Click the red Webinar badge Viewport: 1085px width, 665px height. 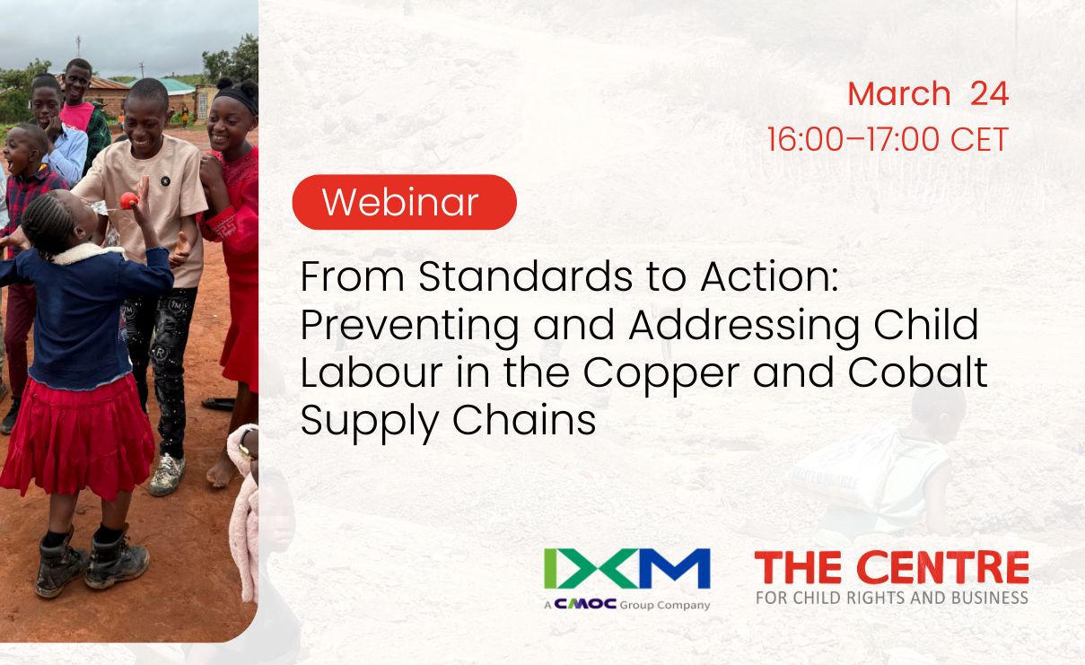pyautogui.click(x=404, y=202)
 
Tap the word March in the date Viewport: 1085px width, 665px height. pyautogui.click(x=898, y=94)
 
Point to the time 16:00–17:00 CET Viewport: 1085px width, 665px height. pyautogui.click(x=888, y=140)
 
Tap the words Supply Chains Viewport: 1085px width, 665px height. pyautogui.click(x=448, y=419)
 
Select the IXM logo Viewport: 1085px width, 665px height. pyautogui.click(x=626, y=568)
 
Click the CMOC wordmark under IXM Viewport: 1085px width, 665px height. pyautogui.click(x=586, y=604)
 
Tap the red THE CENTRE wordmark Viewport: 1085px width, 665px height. pyautogui.click(x=891, y=568)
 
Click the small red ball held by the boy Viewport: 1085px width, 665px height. pyautogui.click(x=129, y=200)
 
